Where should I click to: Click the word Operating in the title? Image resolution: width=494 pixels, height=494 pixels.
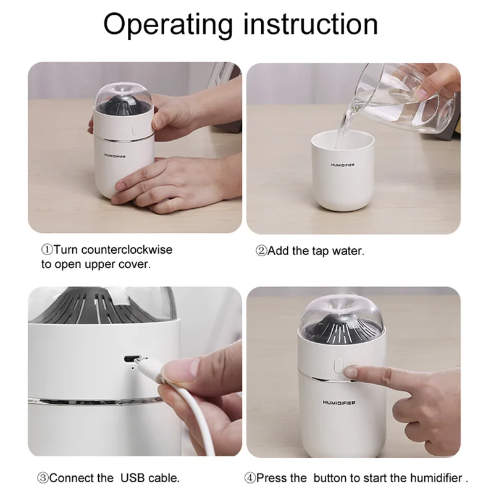coord(168,26)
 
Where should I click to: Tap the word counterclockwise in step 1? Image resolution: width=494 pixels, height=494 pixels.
coord(127,250)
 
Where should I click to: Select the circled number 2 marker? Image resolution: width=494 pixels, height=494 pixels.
coord(261,251)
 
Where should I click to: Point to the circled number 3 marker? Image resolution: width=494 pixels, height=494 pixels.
coord(43,478)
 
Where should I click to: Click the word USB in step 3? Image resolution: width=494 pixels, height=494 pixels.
coord(133,478)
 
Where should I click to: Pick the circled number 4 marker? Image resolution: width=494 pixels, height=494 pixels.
coord(250,478)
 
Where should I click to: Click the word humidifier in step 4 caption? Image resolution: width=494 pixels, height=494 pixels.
coord(437,478)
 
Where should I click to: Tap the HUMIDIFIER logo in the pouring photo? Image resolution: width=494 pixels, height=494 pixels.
coord(343,165)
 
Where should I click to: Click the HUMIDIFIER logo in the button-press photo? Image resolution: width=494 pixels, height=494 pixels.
coord(339,403)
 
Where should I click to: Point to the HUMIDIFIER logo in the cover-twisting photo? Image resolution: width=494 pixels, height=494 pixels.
coord(115,156)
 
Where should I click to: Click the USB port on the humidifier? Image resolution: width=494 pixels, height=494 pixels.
coord(130,359)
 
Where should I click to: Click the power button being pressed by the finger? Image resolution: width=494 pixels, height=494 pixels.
coord(338,366)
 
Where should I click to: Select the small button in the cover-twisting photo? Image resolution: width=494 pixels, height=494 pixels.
coord(134,130)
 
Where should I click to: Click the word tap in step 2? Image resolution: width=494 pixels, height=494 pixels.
coord(320,251)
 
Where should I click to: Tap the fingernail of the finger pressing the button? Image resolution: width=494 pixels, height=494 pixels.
coord(350,373)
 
